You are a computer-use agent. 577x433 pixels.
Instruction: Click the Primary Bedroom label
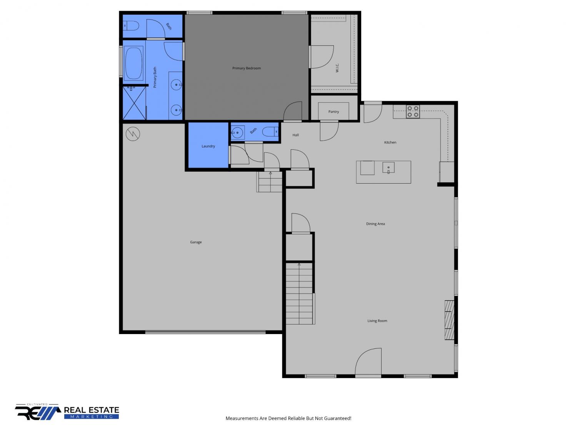point(246,68)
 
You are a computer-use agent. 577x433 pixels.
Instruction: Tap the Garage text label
point(196,242)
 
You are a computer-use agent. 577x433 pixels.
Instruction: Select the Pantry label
point(334,112)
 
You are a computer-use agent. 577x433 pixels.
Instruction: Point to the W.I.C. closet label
point(337,68)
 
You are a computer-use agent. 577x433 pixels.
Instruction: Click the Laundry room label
point(208,146)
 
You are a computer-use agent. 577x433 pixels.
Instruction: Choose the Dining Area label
point(375,224)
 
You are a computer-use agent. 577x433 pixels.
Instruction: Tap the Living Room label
point(377,321)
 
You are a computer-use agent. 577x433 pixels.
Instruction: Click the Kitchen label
point(390,142)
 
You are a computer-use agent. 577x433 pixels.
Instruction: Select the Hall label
point(295,135)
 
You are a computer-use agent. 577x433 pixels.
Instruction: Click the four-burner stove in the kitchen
point(413,111)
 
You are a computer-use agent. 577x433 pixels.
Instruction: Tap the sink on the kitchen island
point(388,168)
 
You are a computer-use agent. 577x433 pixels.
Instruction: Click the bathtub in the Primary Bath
point(134,63)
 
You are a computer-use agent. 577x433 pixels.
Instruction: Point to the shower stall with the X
point(134,103)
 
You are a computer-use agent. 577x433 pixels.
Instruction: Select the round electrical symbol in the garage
point(133,134)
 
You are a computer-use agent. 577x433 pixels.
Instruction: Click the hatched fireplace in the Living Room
point(449,320)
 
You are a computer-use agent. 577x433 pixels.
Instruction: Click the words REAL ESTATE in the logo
point(92,410)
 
